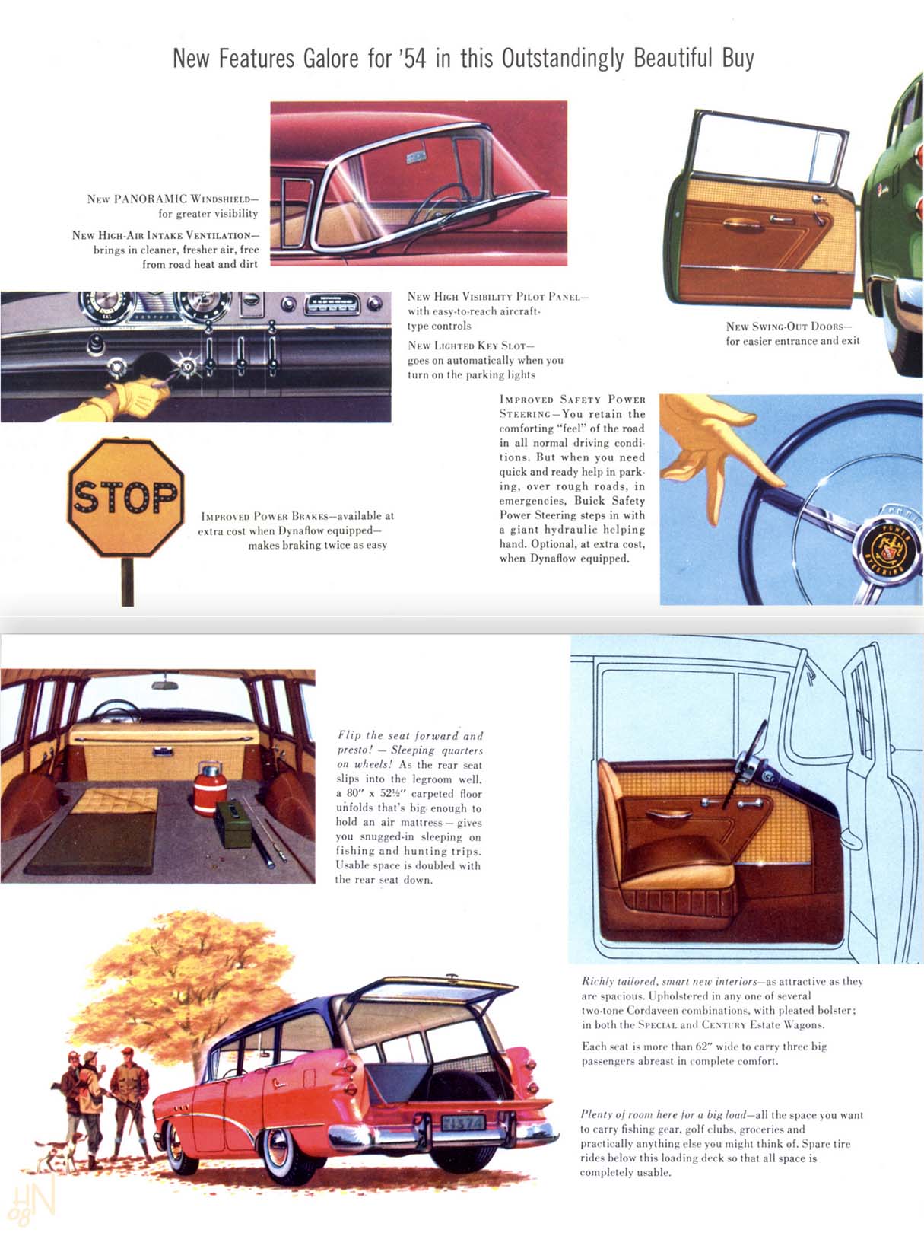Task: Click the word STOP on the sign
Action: (125, 498)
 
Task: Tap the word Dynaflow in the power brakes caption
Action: (302, 530)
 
